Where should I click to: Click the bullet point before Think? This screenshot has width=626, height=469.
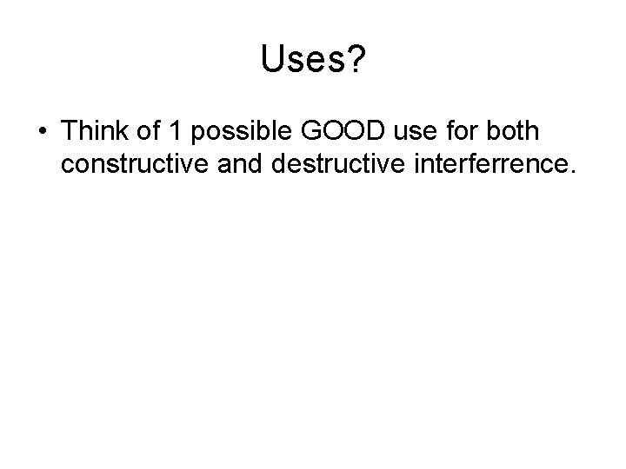(43, 133)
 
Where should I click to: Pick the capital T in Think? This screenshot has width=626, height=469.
(70, 132)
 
